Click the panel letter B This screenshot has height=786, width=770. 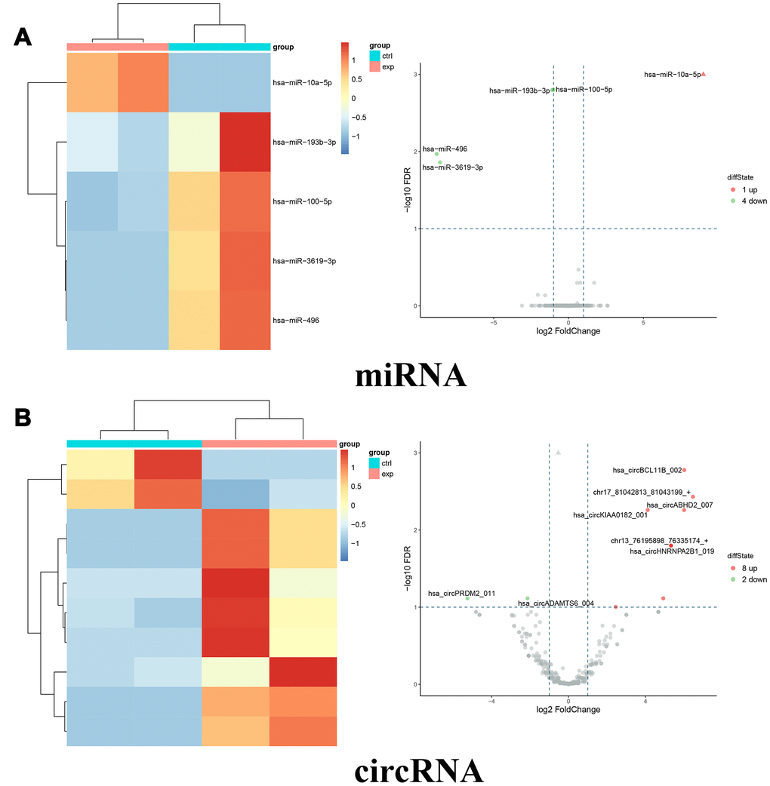[23, 417]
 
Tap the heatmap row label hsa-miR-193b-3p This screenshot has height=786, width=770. [304, 142]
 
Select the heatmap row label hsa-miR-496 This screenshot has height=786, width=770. [295, 321]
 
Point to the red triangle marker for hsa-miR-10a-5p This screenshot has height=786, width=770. [703, 74]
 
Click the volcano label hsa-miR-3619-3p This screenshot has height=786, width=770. [453, 167]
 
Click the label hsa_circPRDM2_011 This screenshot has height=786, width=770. [461, 594]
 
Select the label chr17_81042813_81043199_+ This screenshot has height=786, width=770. [641, 493]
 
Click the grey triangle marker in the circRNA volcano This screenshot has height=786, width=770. [558, 453]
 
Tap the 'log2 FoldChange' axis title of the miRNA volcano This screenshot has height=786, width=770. [567, 331]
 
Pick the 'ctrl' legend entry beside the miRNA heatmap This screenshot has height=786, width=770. [387, 56]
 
